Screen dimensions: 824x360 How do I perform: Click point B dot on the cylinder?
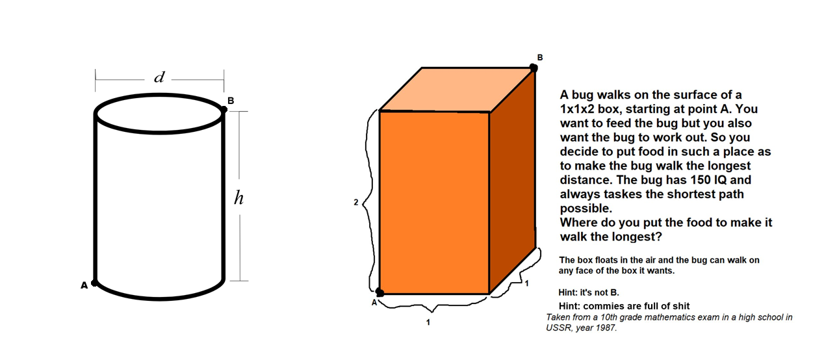224,110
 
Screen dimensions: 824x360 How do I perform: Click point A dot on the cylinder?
94,283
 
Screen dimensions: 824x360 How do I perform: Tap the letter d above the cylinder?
159,77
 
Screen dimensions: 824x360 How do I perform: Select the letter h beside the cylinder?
238,198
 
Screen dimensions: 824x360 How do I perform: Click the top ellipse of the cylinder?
159,95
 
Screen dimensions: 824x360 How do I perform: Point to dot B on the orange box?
534,68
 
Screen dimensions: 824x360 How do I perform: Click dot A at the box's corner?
380,292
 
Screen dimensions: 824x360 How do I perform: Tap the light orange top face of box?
456,90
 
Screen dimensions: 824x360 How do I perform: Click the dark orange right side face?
513,180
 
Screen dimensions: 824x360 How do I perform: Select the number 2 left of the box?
355,202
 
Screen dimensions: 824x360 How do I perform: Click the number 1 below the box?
428,322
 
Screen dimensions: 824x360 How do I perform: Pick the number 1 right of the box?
527,283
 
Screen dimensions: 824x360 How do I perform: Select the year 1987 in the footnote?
606,328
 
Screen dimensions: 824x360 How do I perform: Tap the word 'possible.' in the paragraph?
586,209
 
